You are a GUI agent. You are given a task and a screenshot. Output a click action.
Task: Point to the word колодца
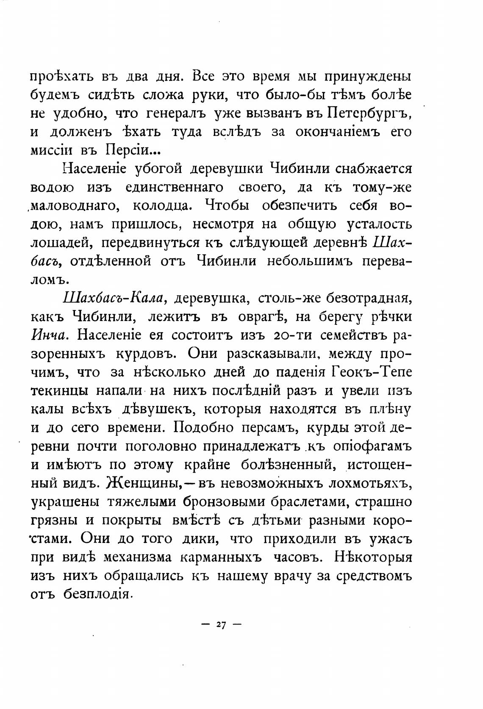[x=165, y=206]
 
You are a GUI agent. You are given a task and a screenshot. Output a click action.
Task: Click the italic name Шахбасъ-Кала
[x=112, y=299]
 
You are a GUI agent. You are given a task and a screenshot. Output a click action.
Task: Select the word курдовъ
[x=143, y=354]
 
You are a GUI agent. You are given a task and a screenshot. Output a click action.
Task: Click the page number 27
[x=221, y=624]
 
